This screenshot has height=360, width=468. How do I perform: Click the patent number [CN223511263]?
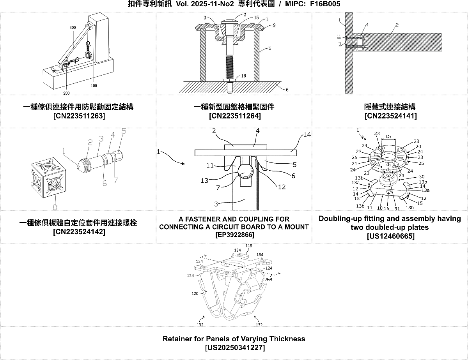pyautogui.click(x=79, y=116)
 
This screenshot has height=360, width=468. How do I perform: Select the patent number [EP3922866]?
pyautogui.click(x=235, y=235)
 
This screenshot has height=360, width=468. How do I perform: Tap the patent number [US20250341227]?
pyautogui.click(x=235, y=348)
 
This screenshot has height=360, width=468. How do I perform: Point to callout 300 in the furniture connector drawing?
pyautogui.click(x=73, y=28)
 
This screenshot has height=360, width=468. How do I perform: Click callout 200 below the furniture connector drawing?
pyautogui.click(x=67, y=93)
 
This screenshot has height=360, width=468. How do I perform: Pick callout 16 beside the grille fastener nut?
pyautogui.click(x=243, y=76)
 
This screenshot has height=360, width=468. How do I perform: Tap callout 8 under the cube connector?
pyautogui.click(x=55, y=207)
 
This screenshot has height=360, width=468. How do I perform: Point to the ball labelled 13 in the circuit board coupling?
pyautogui.click(x=245, y=172)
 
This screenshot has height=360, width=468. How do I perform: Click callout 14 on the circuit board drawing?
pyautogui.click(x=307, y=135)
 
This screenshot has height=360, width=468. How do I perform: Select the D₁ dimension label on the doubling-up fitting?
pyautogui.click(x=388, y=137)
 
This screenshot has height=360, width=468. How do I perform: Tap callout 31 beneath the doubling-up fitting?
pyautogui.click(x=397, y=208)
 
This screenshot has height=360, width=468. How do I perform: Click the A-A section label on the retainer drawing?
pyautogui.click(x=269, y=279)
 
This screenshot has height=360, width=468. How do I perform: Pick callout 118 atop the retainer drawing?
pyautogui.click(x=249, y=245)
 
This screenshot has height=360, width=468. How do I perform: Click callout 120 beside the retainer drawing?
pyautogui.click(x=195, y=293)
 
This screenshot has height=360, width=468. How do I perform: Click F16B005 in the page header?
pyautogui.click(x=325, y=4)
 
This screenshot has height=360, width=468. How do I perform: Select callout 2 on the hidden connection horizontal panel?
pyautogui.click(x=397, y=25)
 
